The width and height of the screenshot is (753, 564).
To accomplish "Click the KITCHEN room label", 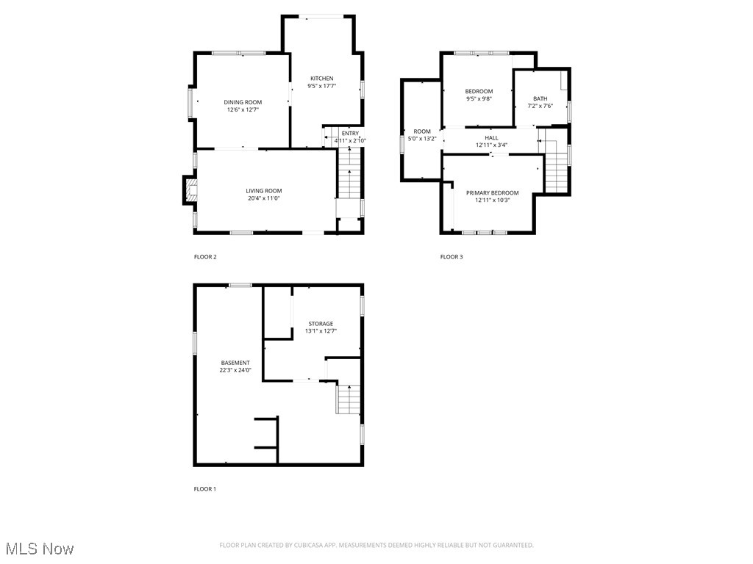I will click(x=321, y=79).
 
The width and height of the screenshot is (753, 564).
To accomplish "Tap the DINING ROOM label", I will click(x=243, y=102).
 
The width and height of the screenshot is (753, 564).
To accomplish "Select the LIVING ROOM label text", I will click(x=263, y=191).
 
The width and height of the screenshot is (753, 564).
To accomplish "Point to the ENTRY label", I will click(x=350, y=133).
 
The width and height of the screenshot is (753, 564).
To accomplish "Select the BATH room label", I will click(x=540, y=98).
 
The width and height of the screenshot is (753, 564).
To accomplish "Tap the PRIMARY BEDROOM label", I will click(x=492, y=193).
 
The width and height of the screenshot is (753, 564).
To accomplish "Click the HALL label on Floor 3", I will click(x=491, y=138).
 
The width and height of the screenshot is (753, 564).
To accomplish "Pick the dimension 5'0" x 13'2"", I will click(x=422, y=139).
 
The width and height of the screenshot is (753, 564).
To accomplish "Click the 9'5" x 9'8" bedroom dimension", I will click(x=479, y=98).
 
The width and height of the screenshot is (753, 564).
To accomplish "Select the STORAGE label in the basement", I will click(x=321, y=324).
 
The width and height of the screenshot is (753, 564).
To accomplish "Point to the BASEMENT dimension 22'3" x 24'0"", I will click(x=235, y=370).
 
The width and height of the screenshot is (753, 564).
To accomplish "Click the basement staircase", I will click(x=349, y=399).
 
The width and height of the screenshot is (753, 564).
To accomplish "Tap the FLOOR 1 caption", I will click(x=205, y=489).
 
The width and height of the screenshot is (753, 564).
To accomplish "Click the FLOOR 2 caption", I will click(x=205, y=257).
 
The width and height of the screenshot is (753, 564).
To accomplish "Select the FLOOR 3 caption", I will click(x=452, y=257).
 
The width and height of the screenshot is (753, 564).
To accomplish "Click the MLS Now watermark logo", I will click(x=40, y=549).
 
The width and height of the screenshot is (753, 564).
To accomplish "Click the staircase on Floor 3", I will click(x=557, y=166).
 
